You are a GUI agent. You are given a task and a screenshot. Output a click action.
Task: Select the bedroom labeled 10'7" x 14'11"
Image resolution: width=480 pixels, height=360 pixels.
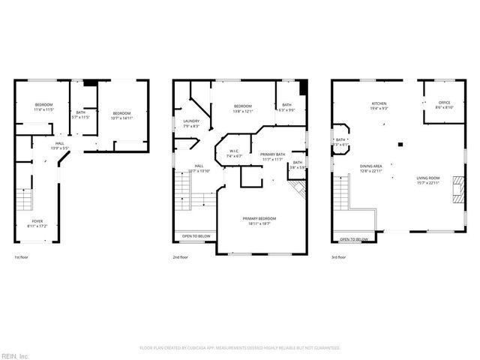(121, 115)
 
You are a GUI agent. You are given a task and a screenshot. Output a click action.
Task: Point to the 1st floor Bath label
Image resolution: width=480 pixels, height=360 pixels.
(80, 115)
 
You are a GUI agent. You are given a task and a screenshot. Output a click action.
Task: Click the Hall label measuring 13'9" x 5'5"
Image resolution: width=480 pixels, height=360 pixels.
(58, 145)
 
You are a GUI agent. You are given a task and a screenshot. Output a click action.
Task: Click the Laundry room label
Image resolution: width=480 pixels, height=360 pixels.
(190, 123)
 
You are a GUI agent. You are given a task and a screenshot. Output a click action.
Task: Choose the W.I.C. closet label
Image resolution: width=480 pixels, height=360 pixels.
(235, 154)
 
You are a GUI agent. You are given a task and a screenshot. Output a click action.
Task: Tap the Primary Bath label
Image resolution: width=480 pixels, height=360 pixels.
(271, 156)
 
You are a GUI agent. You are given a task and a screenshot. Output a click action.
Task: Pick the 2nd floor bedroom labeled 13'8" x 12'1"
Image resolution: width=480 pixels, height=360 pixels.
(243, 108)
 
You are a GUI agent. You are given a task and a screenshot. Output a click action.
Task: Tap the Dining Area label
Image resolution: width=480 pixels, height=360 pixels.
(371, 169)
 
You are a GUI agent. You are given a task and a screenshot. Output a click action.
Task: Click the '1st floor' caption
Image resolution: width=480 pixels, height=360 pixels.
(22, 257)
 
